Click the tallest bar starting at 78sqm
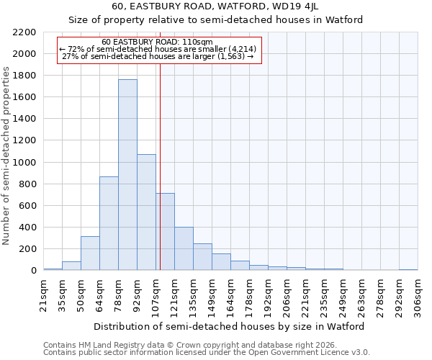[127, 175]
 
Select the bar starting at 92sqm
[146, 212]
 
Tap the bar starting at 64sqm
[109, 223]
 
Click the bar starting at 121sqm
[184, 249]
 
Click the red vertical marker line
[160, 166]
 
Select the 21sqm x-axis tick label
[43, 294]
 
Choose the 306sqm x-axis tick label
[418, 294]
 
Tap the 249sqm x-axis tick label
[343, 294]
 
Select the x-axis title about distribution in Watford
[229, 326]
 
